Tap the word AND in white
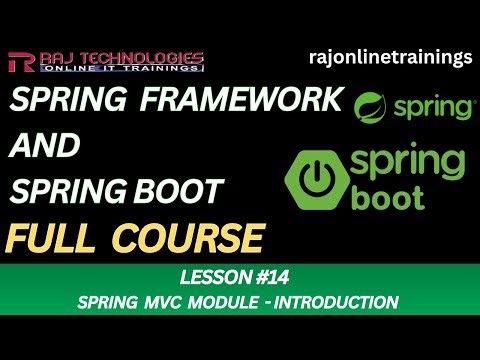[46, 147]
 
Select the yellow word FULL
[54, 237]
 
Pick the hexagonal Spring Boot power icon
[318, 179]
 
